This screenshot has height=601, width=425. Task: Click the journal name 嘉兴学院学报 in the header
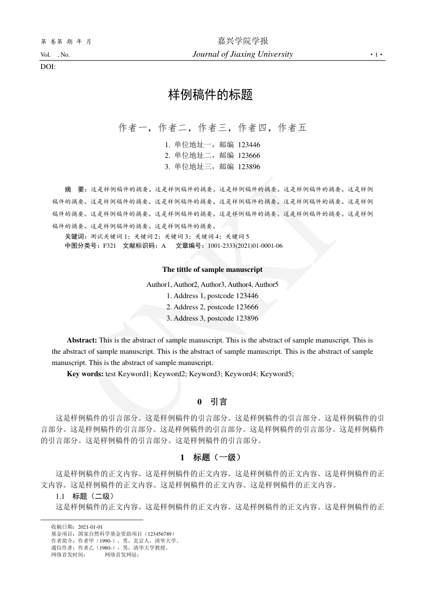[x=242, y=41]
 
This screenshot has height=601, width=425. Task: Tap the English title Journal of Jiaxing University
[x=242, y=54]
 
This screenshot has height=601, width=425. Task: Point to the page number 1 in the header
[x=377, y=55]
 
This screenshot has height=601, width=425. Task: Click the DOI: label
[x=48, y=67]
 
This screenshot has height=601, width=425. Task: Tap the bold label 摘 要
[x=75, y=189]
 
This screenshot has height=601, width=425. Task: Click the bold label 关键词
[x=75, y=236]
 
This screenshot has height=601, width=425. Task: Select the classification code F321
[x=110, y=246]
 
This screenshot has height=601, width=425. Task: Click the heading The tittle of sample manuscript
[x=212, y=270]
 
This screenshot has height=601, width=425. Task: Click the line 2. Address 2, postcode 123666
[x=212, y=307]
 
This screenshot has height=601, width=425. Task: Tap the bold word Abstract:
[x=82, y=340]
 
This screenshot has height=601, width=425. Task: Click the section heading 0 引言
[x=212, y=401]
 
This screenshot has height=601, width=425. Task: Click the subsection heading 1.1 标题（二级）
[x=82, y=496]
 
